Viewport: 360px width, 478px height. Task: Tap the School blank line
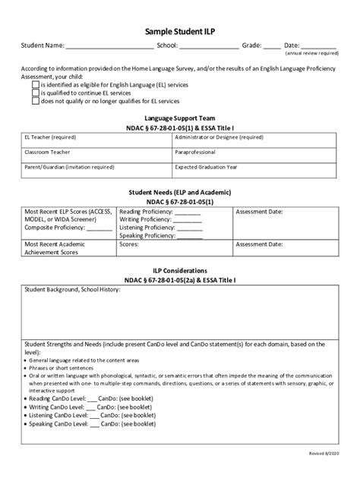click(208, 46)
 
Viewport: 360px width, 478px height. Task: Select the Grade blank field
click(271, 46)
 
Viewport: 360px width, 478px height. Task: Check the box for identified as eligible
click(36, 86)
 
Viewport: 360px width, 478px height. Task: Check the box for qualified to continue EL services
click(36, 93)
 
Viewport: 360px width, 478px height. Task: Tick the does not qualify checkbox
click(36, 100)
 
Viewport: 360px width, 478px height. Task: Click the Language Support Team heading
click(180, 119)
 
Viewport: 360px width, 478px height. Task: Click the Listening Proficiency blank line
click(190, 228)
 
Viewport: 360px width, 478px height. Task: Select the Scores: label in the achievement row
click(130, 245)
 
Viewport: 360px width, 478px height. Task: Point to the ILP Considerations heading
click(180, 270)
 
